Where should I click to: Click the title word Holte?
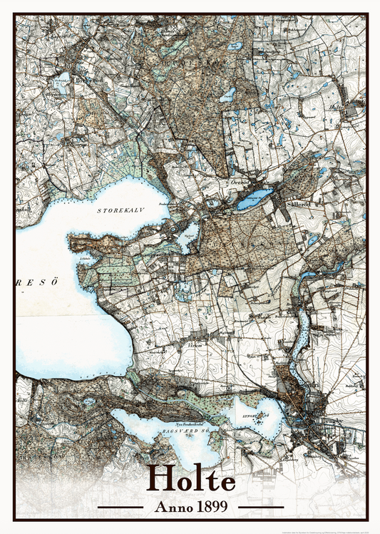click(x=190, y=480)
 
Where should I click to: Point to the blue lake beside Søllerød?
click(x=255, y=199)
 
